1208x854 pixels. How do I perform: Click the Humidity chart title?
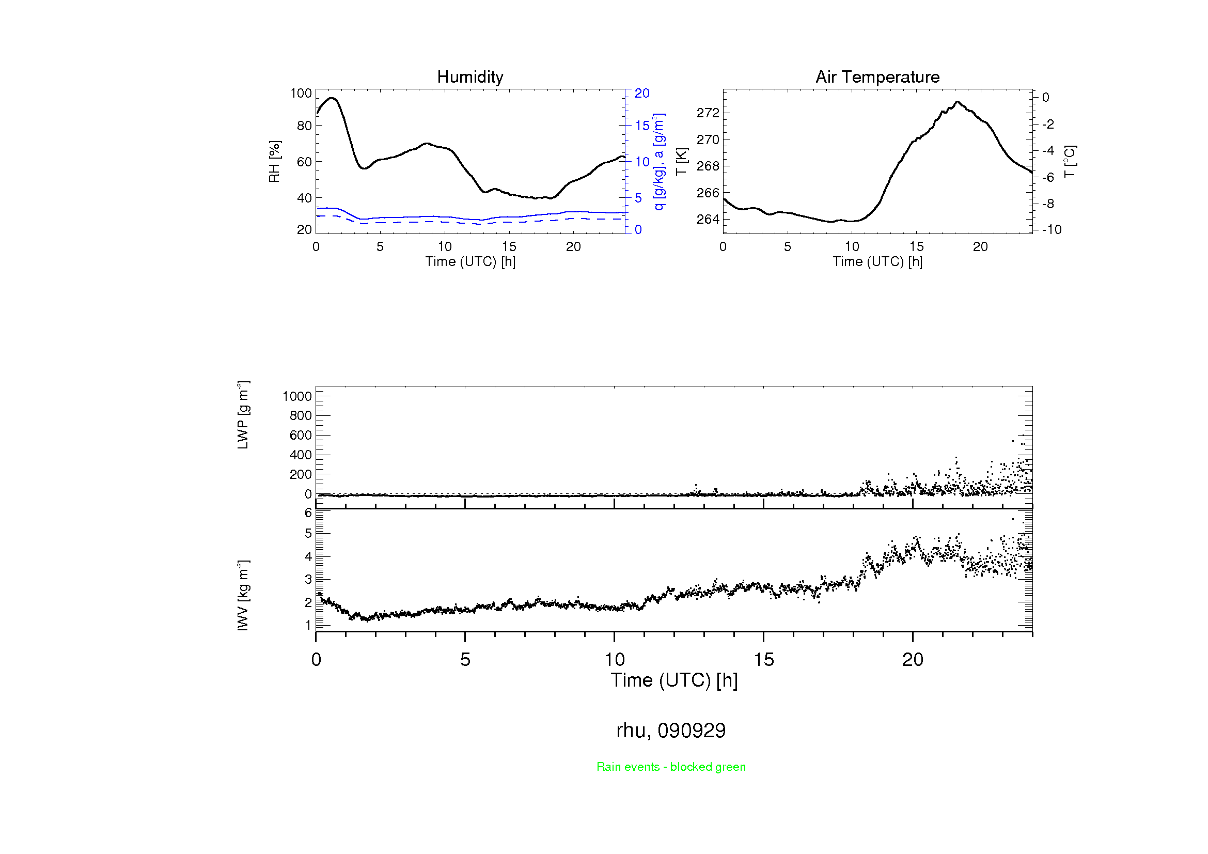(470, 77)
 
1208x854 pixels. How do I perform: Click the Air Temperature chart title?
(877, 77)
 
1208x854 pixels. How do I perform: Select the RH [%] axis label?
(274, 162)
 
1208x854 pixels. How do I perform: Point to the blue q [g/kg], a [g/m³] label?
(658, 162)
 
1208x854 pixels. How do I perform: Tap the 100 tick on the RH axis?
(301, 94)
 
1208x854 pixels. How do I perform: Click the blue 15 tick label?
(642, 126)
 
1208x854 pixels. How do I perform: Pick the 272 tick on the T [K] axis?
(707, 113)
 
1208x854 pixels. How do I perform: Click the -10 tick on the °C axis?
(1051, 230)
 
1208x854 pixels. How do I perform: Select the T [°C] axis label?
(1070, 162)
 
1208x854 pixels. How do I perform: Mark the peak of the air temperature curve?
(957, 102)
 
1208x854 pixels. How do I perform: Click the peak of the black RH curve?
(332, 98)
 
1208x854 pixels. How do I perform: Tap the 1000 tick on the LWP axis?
(297, 397)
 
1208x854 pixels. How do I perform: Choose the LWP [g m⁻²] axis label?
(243, 415)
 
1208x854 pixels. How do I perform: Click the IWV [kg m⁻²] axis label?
(243, 595)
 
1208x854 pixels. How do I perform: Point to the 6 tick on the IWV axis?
(308, 513)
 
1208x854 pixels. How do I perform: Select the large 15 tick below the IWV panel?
(763, 660)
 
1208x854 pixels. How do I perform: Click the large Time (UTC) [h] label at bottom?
(674, 680)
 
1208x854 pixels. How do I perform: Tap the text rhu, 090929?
(671, 731)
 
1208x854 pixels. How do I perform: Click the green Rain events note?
(671, 767)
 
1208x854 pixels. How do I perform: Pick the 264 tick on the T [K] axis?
(707, 220)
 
